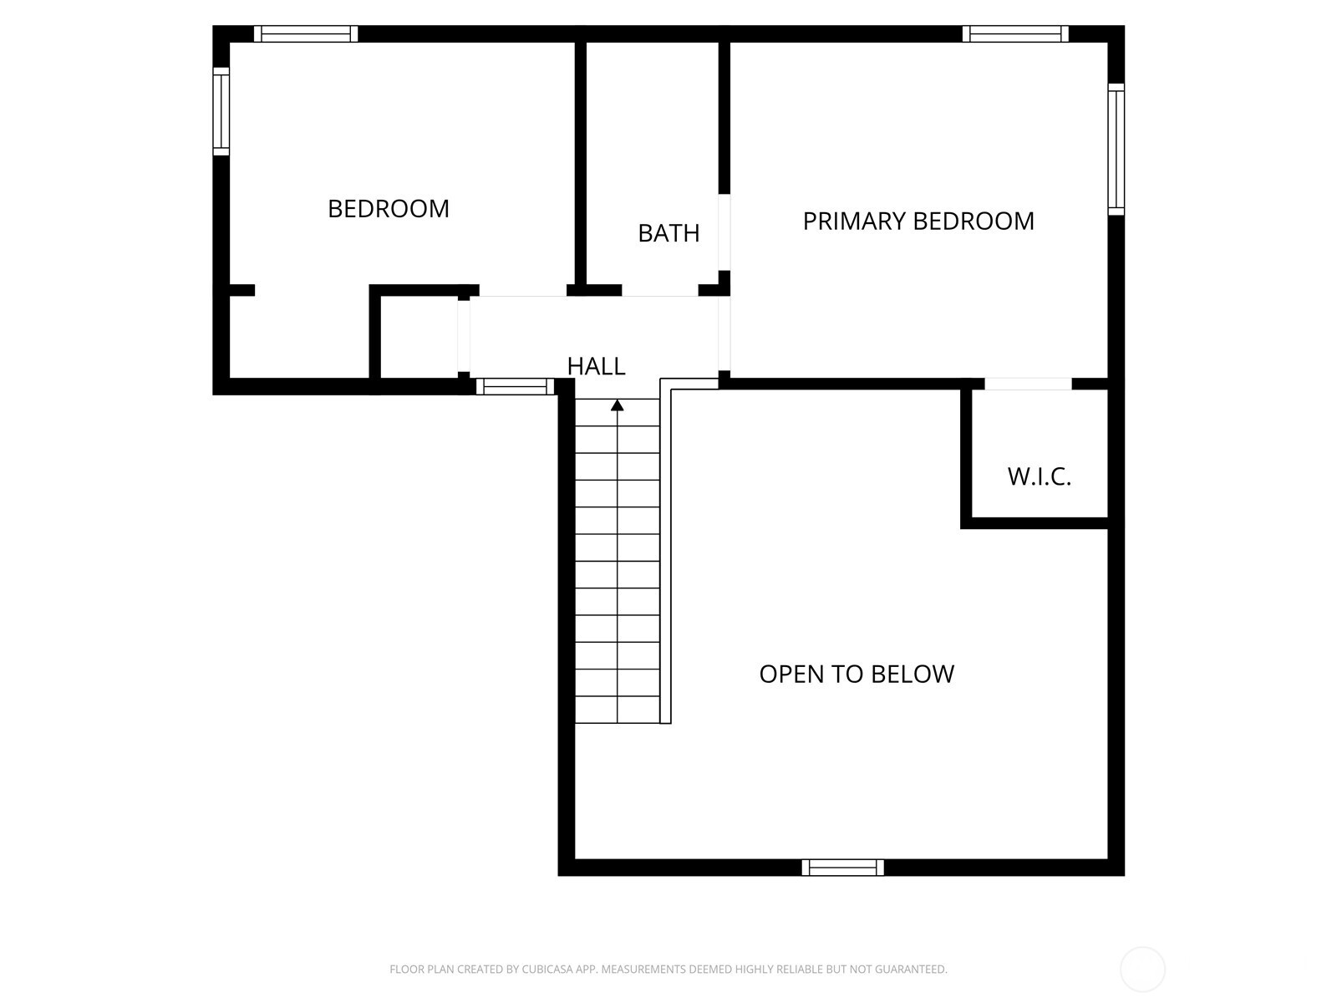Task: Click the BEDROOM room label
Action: coord(388,209)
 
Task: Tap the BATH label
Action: coord(668,233)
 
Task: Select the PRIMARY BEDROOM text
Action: coord(918,221)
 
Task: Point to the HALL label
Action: coord(596,366)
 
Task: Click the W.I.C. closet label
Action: coord(1040,476)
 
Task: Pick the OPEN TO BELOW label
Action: coord(857,675)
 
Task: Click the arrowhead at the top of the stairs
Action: coord(617,405)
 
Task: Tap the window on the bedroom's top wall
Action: coord(306,33)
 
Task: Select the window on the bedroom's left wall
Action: coord(221,111)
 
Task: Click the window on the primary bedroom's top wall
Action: coord(1015,33)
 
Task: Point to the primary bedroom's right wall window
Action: coord(1116,150)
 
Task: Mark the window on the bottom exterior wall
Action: coord(842,868)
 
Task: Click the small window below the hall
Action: coord(516,386)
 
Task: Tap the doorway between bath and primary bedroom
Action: coord(724,232)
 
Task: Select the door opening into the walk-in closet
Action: coord(1028,384)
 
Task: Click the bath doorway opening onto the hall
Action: coord(659,291)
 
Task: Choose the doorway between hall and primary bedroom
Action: coord(724,333)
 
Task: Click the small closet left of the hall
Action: coord(419,337)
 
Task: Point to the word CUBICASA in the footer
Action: coord(548,969)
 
